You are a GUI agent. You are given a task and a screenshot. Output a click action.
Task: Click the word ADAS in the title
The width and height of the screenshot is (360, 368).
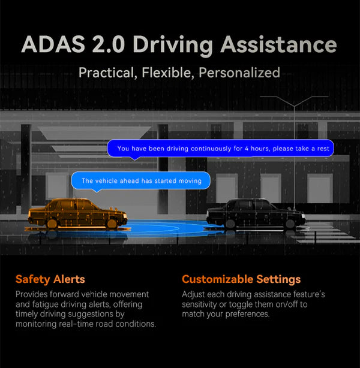pos(53,44)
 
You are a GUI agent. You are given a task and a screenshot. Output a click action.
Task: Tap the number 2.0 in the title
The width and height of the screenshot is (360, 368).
pos(109,44)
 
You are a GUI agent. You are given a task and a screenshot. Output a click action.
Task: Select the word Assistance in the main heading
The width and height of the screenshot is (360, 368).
pos(278,44)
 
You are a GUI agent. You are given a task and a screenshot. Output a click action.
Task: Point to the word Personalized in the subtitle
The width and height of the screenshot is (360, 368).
pos(239,73)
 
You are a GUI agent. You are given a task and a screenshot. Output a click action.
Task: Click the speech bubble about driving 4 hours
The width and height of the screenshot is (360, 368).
pos(220,148)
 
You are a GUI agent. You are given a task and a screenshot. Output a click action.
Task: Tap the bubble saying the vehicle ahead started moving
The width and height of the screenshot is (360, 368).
pos(140,181)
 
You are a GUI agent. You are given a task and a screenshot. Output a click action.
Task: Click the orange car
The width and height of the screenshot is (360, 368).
pos(77,213)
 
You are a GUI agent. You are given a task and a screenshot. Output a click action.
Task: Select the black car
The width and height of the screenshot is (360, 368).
pos(256,213)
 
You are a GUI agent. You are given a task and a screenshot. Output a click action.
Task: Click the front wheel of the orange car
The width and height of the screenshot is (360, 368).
pos(112,224)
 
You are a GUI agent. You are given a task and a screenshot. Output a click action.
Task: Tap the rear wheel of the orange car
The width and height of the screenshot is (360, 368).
pos(52,224)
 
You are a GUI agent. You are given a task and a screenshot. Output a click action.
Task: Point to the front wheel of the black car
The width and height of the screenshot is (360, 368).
pos(290,224)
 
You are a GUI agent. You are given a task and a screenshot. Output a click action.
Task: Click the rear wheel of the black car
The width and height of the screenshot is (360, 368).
pos(230,224)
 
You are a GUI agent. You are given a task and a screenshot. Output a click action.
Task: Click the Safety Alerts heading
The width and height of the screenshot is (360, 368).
pos(50,279)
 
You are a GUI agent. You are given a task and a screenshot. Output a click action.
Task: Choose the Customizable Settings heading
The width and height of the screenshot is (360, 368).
pos(241,279)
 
